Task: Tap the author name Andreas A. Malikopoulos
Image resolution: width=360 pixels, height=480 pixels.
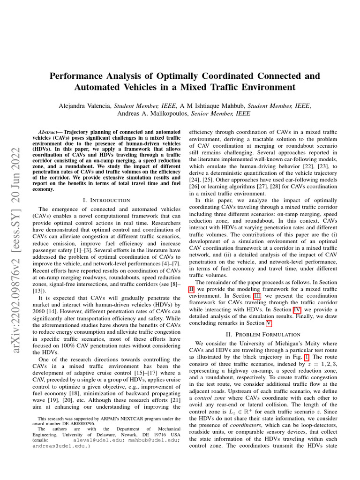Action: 146,113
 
